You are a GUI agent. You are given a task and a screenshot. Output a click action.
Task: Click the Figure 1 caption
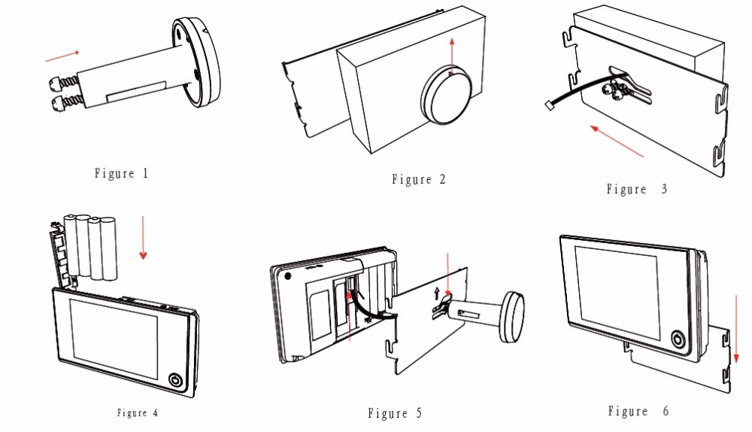click(122, 174)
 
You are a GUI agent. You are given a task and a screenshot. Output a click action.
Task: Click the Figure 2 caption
click(419, 180)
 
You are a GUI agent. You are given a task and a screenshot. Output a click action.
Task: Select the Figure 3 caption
click(636, 190)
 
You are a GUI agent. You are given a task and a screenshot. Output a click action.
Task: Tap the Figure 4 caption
click(138, 412)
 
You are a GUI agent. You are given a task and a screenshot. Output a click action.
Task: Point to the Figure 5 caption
click(395, 413)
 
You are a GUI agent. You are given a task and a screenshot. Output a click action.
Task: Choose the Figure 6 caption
click(638, 411)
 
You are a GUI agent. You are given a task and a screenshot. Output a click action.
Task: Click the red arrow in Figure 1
click(62, 55)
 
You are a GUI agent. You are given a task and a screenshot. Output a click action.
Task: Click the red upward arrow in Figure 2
click(451, 56)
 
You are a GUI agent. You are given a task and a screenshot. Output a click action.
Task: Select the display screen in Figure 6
click(616, 283)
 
